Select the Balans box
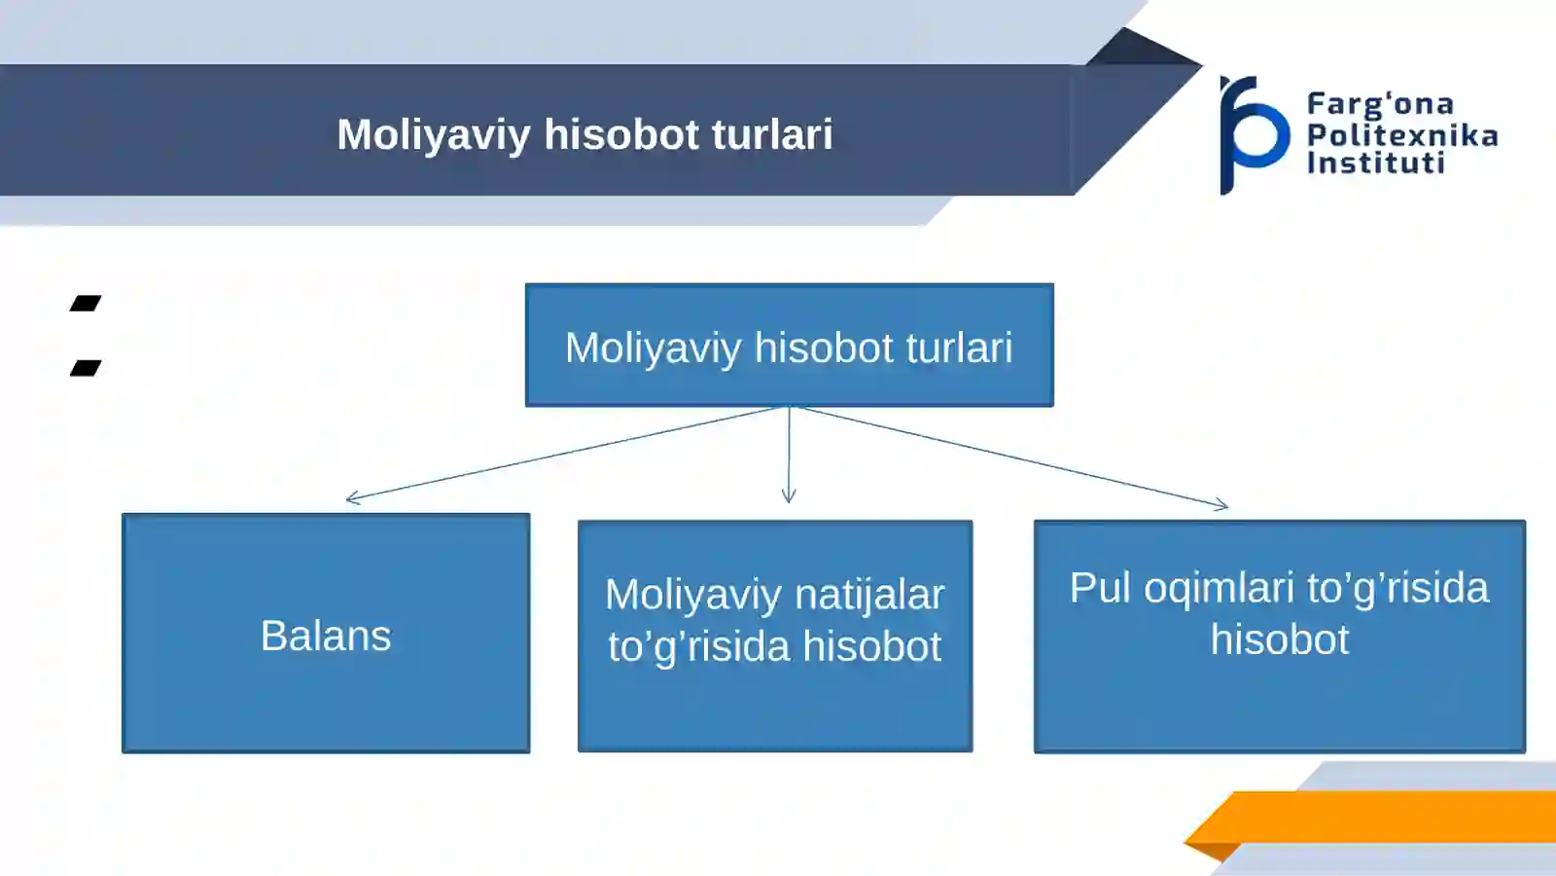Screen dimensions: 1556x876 326,634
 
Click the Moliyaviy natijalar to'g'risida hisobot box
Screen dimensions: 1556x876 775,637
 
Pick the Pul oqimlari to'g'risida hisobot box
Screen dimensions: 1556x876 1280,637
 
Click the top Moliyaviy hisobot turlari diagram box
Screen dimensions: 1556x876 789,345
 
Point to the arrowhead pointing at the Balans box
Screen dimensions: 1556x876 352,497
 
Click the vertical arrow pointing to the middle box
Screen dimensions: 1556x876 789,455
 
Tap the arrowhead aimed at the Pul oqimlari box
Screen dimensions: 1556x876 1221,505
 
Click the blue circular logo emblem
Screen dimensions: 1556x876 1254,135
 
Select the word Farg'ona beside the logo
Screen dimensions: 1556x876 1380,104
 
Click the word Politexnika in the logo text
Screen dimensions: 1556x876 1402,135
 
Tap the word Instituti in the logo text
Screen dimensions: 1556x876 1376,164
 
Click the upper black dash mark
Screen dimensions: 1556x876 87,303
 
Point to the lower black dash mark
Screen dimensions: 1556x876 87,368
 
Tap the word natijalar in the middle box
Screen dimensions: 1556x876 869,595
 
